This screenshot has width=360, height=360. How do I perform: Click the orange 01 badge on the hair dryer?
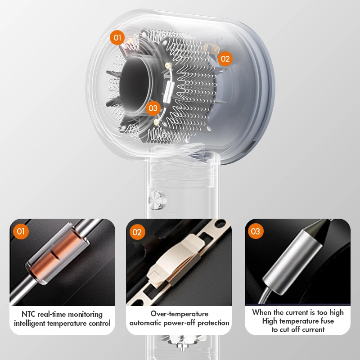(x=117, y=37)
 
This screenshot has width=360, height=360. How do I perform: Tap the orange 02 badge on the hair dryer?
(x=225, y=59)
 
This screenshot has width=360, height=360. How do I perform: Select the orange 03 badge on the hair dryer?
(x=153, y=108)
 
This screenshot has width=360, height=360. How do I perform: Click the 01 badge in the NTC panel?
(x=21, y=231)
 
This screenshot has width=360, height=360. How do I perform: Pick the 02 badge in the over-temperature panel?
(x=137, y=232)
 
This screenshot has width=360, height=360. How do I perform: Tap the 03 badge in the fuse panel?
(x=256, y=231)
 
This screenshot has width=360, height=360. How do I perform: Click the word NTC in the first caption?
(x=28, y=314)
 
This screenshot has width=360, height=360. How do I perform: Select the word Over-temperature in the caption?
(x=180, y=314)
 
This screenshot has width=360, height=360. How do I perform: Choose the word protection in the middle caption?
(x=213, y=323)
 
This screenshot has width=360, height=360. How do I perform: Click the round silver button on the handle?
(x=157, y=200)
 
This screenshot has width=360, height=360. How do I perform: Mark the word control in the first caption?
(x=99, y=323)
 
